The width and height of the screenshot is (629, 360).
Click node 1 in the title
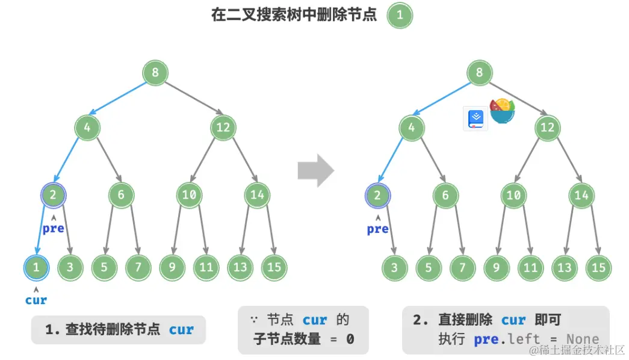(x=400, y=15)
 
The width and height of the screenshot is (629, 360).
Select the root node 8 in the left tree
(x=155, y=73)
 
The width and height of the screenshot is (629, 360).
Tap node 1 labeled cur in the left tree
(x=37, y=267)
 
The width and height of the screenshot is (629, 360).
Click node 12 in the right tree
(x=547, y=128)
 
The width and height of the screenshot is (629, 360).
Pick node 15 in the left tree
(x=274, y=267)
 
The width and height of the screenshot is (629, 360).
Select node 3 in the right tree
(x=394, y=267)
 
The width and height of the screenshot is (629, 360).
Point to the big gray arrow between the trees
(x=315, y=171)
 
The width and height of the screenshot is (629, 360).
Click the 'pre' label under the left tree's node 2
(x=53, y=229)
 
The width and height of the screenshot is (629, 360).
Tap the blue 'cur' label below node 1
(x=36, y=300)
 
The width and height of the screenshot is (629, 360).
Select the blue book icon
(x=475, y=118)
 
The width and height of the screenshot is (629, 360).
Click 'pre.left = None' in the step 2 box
(x=536, y=339)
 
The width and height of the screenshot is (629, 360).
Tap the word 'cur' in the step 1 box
(x=181, y=329)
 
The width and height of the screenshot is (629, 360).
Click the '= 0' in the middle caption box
(x=341, y=339)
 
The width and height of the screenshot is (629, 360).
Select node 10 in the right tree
(x=513, y=195)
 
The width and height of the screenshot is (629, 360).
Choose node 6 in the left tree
(x=121, y=195)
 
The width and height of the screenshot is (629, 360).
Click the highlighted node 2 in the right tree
(x=377, y=195)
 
